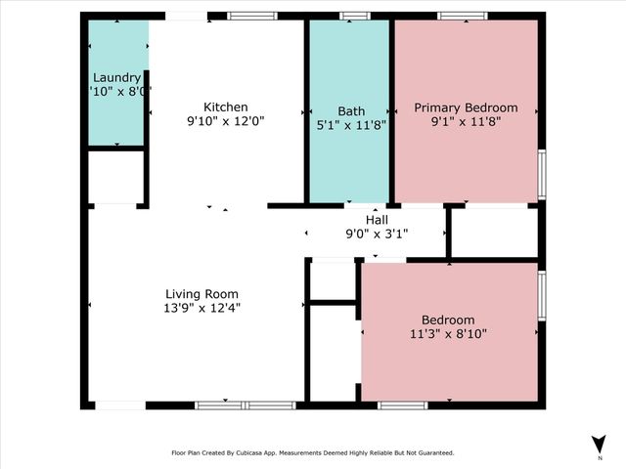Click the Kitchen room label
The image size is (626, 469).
[225, 107]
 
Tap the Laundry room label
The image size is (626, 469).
[116, 78]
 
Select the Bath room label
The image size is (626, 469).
[351, 111]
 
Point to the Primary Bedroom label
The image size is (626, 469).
[466, 107]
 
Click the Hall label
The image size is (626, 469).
[377, 220]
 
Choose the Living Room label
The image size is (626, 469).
[201, 293]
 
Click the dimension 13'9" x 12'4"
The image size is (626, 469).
[201, 307]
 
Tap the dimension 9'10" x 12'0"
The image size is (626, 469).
[225, 121]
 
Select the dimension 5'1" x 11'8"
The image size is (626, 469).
[351, 125]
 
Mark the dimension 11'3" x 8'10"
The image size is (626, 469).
[448, 333]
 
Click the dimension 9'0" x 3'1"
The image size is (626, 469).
[377, 234]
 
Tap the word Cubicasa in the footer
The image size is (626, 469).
[249, 452]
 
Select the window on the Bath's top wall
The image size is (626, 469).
[354, 16]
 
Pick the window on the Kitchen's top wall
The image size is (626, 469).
[251, 16]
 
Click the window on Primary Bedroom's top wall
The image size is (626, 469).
[462, 16]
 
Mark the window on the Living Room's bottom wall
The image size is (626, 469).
[245, 405]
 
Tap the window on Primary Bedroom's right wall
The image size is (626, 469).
[542, 174]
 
